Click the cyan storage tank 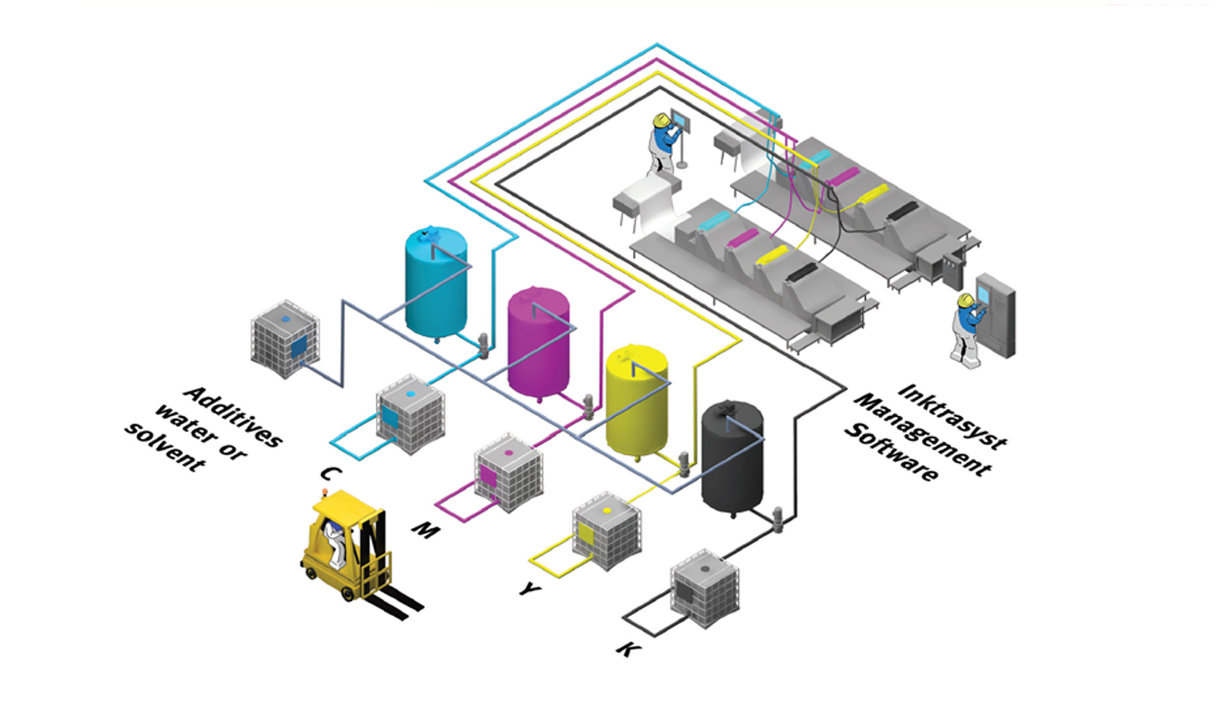435,282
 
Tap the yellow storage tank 636,400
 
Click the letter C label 330,474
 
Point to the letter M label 426,531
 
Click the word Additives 233,416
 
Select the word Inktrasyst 952,416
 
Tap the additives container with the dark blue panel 285,338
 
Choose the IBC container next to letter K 704,590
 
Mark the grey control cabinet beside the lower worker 996,313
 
